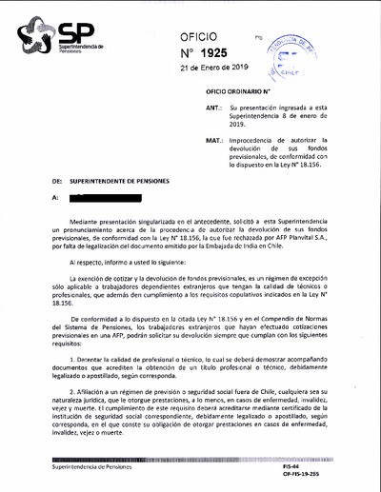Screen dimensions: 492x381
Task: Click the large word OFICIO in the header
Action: pyautogui.click(x=205, y=35)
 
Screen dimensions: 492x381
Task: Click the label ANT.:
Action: pyautogui.click(x=214, y=109)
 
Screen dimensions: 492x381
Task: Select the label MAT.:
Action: pyautogui.click(x=214, y=139)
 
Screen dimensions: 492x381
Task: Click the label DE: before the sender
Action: pyautogui.click(x=57, y=178)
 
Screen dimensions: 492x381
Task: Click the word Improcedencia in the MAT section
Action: pyautogui.click(x=253, y=139)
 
